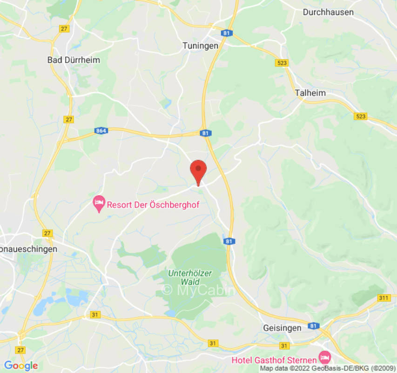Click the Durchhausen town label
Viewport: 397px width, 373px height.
click(x=328, y=13)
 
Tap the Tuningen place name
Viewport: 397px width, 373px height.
click(x=200, y=45)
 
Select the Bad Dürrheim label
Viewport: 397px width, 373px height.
click(x=74, y=60)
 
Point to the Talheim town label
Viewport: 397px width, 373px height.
click(x=310, y=93)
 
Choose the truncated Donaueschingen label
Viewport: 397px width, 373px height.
click(x=28, y=249)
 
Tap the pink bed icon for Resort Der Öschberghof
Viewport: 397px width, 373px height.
click(x=99, y=203)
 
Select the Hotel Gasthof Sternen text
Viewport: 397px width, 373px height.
click(x=274, y=360)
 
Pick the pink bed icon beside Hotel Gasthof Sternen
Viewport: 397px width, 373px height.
click(x=324, y=358)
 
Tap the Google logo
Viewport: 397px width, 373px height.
click(x=20, y=366)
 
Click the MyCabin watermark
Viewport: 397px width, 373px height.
click(x=199, y=290)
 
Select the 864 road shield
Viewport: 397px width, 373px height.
click(x=101, y=131)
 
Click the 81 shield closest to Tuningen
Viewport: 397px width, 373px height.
click(x=227, y=33)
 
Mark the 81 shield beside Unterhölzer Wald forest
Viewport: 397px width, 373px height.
click(x=229, y=241)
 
